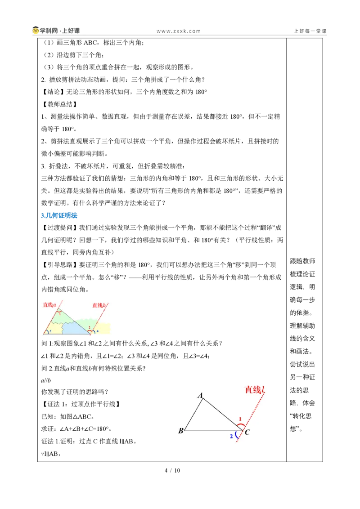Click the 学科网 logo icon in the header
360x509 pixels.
pos(36,31)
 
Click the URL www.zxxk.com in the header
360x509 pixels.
pos(178,31)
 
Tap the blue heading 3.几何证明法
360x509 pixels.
pos(59,215)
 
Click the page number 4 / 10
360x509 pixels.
pos(172,470)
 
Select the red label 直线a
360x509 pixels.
pos(49,305)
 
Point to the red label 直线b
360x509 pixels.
pos(99,305)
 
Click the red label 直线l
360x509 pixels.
pos(255,389)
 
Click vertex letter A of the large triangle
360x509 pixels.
pos(200,395)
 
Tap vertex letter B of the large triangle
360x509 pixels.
pos(180,431)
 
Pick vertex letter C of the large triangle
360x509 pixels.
pos(247,432)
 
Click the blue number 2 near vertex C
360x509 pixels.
pos(231,436)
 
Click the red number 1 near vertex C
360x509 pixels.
pos(240,419)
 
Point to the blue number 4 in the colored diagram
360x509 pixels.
pos(97,331)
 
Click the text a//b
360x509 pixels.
pos(46,380)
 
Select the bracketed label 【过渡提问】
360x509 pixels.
pos(60,228)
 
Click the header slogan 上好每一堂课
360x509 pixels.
pos(310,31)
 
